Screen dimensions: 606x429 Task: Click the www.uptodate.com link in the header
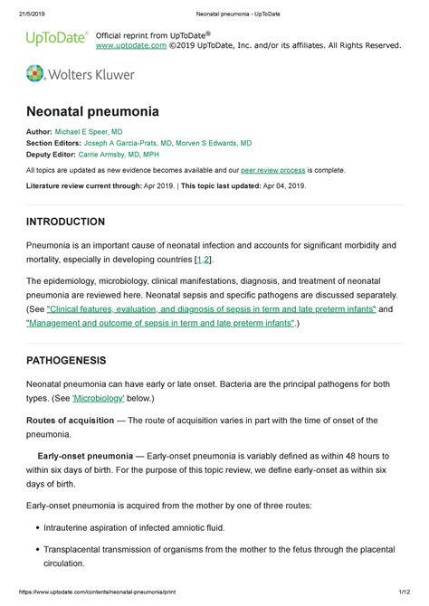point(130,44)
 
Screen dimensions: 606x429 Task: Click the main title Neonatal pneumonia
point(92,112)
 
